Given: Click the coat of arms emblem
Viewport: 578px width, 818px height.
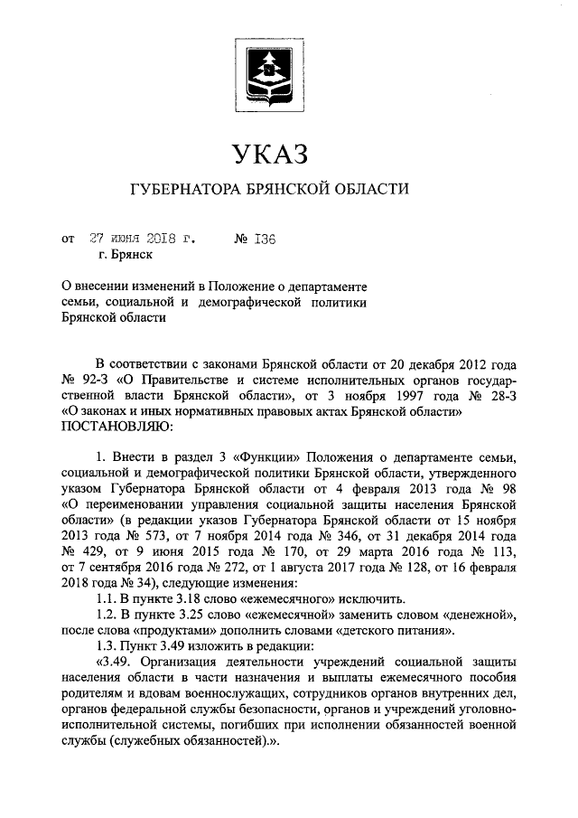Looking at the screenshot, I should point(270,69).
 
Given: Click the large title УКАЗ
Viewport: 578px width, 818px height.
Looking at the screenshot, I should point(270,152).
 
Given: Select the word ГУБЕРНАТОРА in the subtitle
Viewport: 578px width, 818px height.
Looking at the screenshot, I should point(184,191).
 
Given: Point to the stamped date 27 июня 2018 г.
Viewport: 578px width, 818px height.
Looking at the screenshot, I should point(143,240).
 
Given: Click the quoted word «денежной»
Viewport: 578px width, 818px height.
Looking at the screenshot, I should point(476,615).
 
